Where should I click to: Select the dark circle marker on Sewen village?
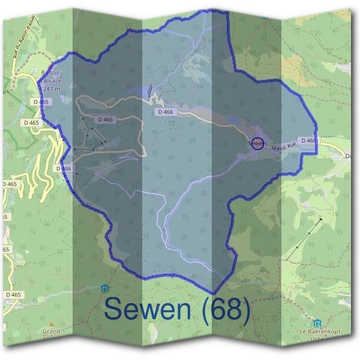(x=257, y=143)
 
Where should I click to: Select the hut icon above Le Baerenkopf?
(x=316, y=322)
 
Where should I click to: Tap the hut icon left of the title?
(x=106, y=288)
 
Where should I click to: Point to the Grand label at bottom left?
(x=51, y=331)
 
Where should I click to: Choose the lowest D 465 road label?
(x=13, y=295)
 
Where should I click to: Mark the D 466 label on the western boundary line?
(x=64, y=169)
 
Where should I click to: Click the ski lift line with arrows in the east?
(x=304, y=239)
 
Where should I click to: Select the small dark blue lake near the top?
(x=150, y=91)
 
